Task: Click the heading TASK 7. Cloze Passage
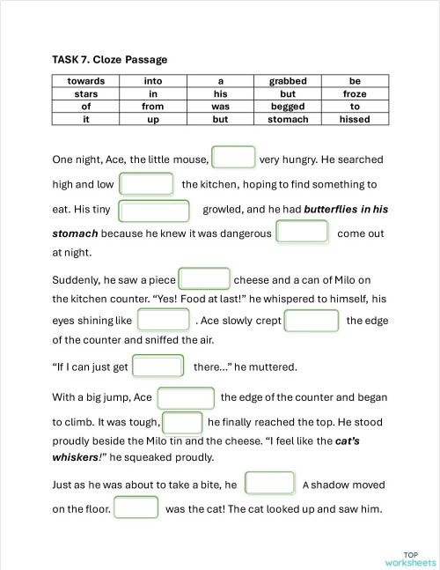point(110,60)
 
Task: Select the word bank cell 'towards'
point(85,81)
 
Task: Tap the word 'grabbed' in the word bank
point(288,81)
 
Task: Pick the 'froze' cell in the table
point(355,93)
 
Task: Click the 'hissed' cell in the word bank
point(355,119)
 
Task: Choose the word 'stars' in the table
point(85,93)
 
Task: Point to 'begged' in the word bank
point(288,107)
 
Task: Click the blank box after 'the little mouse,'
point(234,159)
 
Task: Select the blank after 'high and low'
point(146,184)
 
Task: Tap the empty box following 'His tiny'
point(154,211)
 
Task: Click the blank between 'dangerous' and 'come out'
point(303,233)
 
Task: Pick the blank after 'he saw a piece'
point(204,279)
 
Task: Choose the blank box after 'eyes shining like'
point(164,320)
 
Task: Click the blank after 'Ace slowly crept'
point(312,320)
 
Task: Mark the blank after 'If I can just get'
point(158,366)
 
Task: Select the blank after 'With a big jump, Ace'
point(186,397)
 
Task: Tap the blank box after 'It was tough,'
point(183,422)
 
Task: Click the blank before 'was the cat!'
point(136,508)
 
